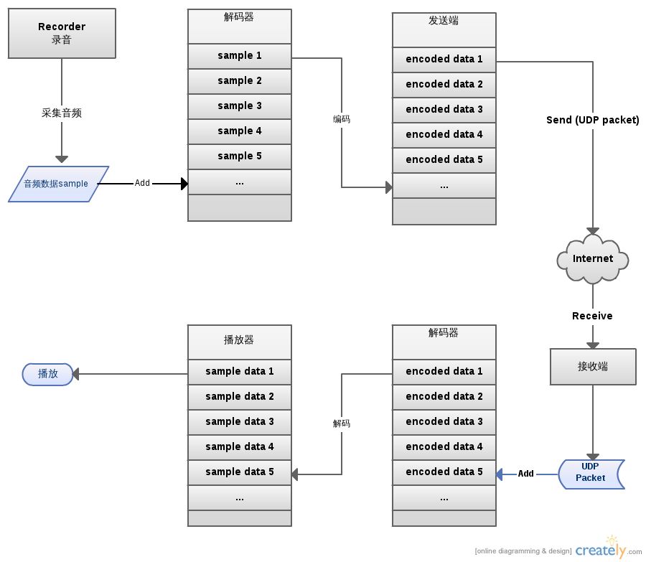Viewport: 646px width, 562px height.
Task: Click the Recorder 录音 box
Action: [62, 33]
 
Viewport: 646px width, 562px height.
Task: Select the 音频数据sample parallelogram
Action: [59, 184]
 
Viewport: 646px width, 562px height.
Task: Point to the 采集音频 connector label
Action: [62, 113]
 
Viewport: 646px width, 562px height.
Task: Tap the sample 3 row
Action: [239, 106]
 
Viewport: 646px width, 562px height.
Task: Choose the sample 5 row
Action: [239, 156]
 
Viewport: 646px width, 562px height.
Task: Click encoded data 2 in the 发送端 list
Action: [444, 85]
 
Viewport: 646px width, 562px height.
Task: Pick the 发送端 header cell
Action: [444, 29]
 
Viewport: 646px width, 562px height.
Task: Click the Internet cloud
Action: [593, 259]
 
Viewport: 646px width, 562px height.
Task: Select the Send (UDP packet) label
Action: [592, 120]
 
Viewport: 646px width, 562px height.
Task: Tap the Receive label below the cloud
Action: [592, 316]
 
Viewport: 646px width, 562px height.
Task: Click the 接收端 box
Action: [593, 367]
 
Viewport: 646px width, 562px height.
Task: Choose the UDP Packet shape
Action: [591, 474]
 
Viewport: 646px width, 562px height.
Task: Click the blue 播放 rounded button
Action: [48, 374]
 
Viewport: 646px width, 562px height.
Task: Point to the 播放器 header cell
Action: [239, 342]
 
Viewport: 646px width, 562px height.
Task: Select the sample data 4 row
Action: [239, 447]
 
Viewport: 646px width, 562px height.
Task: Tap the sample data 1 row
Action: [239, 372]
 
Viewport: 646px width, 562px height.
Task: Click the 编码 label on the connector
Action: [342, 119]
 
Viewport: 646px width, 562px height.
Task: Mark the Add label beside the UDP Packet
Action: [525, 474]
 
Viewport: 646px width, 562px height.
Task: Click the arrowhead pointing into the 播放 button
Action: [75, 374]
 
